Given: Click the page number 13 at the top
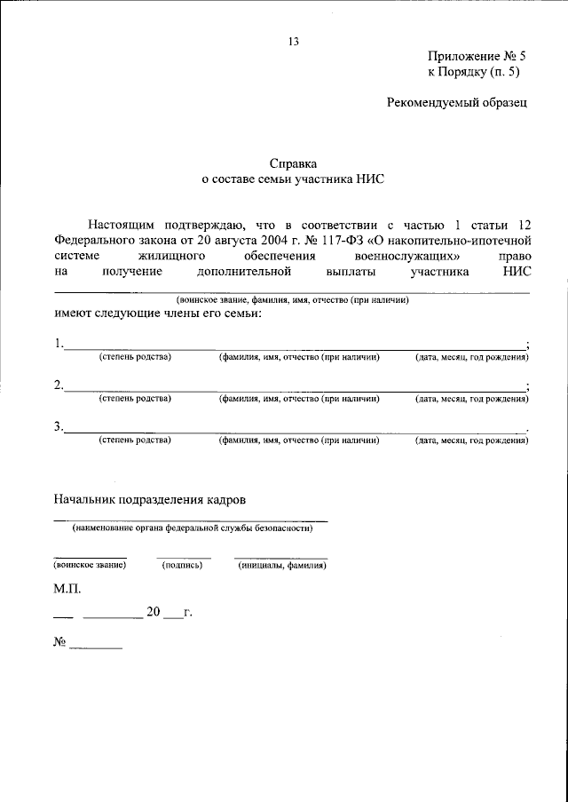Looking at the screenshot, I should click(294, 41).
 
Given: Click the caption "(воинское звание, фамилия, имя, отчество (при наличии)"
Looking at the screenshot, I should click(292, 301).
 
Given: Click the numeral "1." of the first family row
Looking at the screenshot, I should click(58, 344).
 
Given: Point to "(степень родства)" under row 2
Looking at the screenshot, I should click(135, 399).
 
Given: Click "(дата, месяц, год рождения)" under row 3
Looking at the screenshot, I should click(472, 440).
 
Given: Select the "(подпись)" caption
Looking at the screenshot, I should click(184, 565).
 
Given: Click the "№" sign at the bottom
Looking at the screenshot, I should click(60, 641).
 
